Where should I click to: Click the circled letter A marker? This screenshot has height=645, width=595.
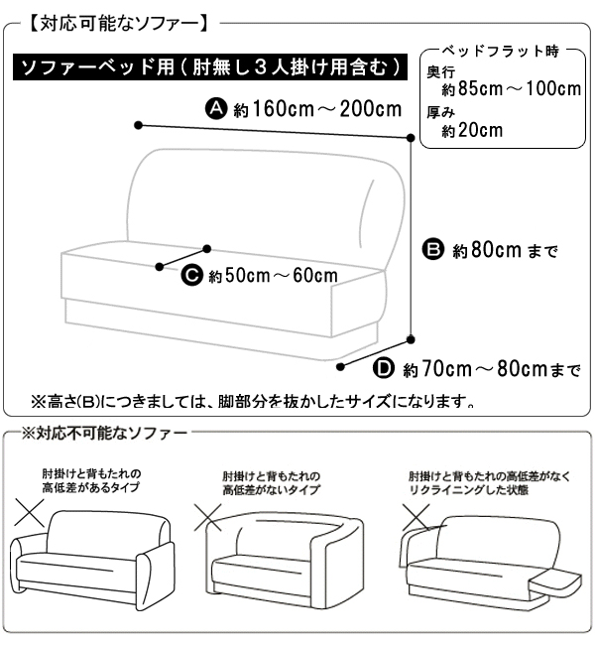pyautogui.click(x=216, y=108)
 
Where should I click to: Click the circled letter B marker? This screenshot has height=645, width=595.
pyautogui.click(x=433, y=249)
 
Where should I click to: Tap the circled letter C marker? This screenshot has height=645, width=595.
pyautogui.click(x=192, y=275)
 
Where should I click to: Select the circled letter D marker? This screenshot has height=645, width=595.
pyautogui.click(x=384, y=368)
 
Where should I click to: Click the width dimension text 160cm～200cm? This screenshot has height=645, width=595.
pyautogui.click(x=327, y=109)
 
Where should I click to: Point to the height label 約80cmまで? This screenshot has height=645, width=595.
pyautogui.click(x=505, y=250)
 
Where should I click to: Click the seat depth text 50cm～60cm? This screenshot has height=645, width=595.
pyautogui.click(x=282, y=276)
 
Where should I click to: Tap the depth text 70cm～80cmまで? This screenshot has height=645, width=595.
pyautogui.click(x=501, y=369)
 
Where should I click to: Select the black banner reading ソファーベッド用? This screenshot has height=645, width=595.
pyautogui.click(x=210, y=66)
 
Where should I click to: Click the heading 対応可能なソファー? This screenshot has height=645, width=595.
pyautogui.click(x=119, y=24)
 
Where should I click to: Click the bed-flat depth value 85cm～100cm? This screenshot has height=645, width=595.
pyautogui.click(x=520, y=88)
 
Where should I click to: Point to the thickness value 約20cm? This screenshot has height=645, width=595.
pyautogui.click(x=472, y=130)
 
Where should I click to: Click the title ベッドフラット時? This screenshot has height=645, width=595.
pyautogui.click(x=501, y=52)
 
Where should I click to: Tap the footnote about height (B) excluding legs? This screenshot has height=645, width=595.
pyautogui.click(x=253, y=401)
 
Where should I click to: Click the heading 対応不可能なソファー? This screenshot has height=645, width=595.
pyautogui.click(x=104, y=434)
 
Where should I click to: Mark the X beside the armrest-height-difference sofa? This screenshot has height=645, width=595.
pyautogui.click(x=29, y=513)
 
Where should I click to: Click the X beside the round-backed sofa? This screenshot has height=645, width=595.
pyautogui.click(x=208, y=518)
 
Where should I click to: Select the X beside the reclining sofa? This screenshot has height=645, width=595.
pyautogui.click(x=416, y=517)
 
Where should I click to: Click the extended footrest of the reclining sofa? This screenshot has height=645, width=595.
pyautogui.click(x=555, y=582)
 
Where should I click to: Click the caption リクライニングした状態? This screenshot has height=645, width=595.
pyautogui.click(x=469, y=490)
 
